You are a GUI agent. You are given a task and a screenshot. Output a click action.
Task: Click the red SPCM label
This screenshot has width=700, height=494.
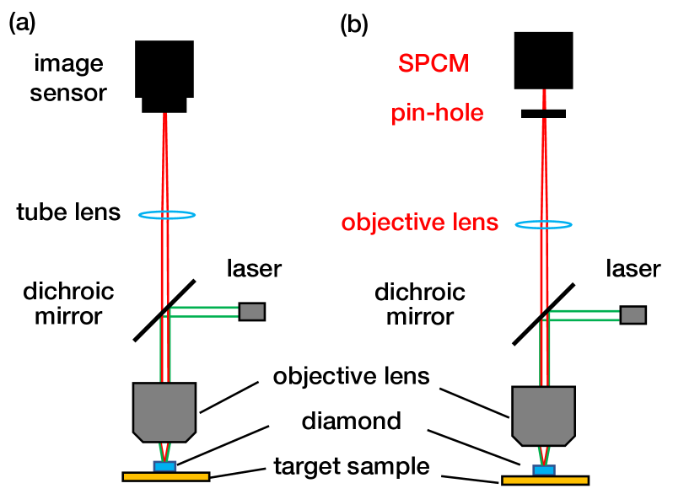click(433, 64)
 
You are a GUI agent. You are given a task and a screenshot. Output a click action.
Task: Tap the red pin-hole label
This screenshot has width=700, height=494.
click(437, 114)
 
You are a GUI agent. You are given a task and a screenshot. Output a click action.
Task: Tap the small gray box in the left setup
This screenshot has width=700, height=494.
click(251, 312)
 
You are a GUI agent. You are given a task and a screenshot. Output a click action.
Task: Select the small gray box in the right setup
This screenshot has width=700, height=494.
click(633, 315)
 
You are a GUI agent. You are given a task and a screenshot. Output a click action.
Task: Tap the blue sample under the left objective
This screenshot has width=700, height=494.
click(164, 466)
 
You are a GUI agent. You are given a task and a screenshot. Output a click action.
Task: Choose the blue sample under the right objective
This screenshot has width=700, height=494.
click(544, 470)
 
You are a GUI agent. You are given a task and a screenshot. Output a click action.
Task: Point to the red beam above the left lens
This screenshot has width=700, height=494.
click(165, 160)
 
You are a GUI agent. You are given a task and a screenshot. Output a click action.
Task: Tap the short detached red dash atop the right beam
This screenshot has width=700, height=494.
click(544, 99)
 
